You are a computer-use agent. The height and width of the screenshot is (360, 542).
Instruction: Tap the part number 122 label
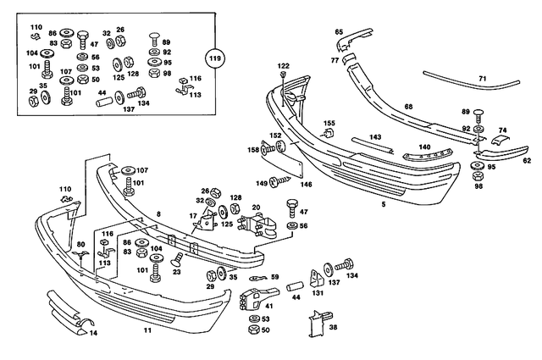283,66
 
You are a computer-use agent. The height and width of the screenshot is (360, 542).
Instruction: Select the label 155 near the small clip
329,124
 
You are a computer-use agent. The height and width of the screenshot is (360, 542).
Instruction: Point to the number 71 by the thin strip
483,79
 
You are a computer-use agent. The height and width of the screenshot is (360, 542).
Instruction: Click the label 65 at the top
340,31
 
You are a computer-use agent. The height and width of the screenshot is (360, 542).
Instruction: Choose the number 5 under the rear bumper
384,204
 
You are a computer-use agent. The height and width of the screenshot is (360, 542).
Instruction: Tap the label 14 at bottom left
93,333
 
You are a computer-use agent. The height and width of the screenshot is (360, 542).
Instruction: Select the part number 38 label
333,327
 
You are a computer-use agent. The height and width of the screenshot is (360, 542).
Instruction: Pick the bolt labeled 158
269,150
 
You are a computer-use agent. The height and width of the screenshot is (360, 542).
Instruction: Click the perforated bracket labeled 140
428,155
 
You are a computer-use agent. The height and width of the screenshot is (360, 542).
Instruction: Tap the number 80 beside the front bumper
81,245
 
